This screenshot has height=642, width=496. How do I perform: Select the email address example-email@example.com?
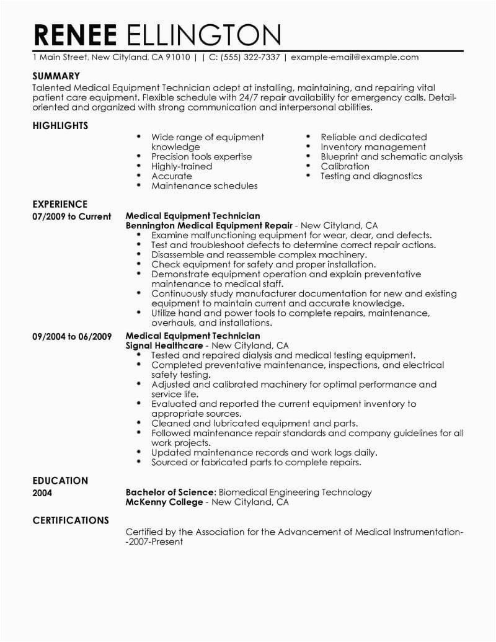[354, 58]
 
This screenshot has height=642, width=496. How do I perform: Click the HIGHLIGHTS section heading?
[60, 126]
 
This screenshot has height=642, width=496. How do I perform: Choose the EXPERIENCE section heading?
[60, 204]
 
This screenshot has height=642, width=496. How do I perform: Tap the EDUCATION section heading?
[60, 481]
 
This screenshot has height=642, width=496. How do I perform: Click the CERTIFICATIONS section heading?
[71, 520]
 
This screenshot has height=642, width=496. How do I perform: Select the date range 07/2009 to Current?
[71, 217]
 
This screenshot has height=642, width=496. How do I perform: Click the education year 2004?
[42, 493]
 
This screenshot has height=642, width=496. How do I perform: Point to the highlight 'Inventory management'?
[373, 147]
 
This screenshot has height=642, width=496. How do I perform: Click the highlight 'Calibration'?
[345, 166]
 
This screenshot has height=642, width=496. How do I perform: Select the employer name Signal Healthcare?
[164, 346]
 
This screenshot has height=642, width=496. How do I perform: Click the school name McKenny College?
[164, 502]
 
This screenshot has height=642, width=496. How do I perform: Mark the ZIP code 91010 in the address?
[179, 58]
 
